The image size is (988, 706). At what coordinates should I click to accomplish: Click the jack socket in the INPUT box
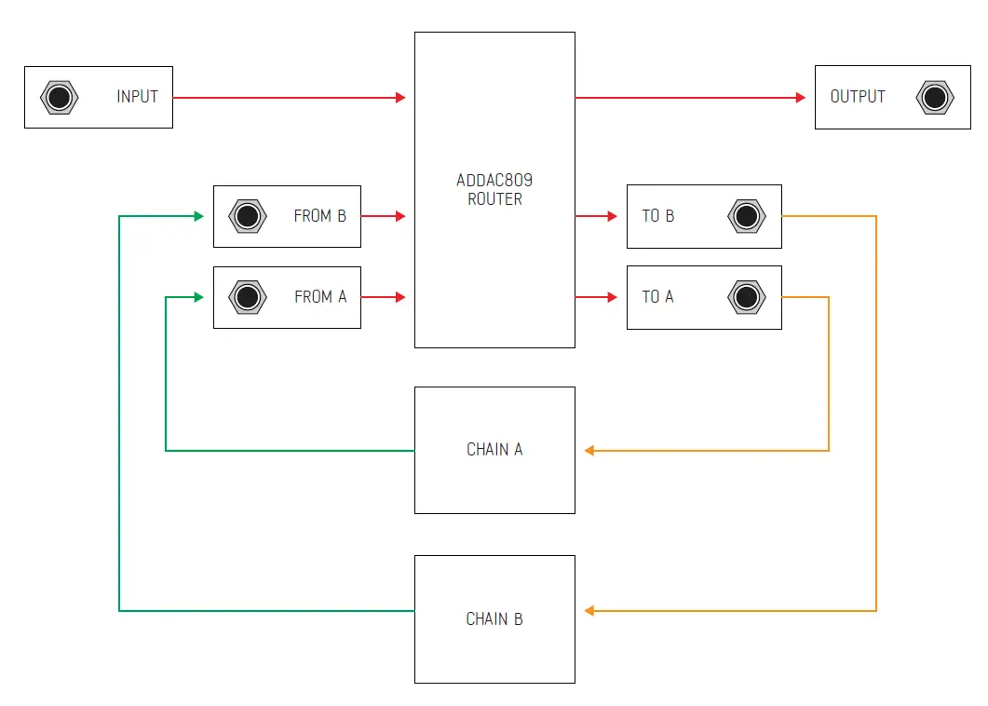click(59, 98)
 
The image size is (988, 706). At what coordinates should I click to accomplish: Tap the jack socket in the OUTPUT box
click(933, 98)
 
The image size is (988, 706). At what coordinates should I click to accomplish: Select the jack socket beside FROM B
click(248, 216)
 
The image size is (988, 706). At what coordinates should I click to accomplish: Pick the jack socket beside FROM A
click(248, 297)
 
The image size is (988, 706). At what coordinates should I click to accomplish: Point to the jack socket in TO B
click(746, 216)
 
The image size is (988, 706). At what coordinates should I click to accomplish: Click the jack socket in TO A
click(746, 297)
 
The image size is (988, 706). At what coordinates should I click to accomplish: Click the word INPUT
click(137, 97)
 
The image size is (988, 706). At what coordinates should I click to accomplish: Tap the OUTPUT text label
click(858, 97)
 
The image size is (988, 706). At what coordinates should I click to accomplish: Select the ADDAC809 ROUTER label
click(494, 190)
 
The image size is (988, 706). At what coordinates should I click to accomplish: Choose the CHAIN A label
click(494, 450)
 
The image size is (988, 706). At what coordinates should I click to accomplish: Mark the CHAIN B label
click(494, 619)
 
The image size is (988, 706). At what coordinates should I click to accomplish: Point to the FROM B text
click(319, 216)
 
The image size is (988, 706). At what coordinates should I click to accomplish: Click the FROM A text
click(319, 297)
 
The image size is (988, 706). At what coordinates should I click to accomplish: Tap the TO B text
click(657, 216)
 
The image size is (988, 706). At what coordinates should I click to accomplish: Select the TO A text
click(657, 297)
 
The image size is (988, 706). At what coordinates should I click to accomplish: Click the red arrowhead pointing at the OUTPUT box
click(800, 98)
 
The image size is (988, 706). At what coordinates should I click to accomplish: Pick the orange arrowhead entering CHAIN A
click(589, 451)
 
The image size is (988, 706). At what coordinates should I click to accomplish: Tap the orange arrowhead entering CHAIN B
click(589, 611)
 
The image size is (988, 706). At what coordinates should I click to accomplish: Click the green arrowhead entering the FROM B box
click(198, 216)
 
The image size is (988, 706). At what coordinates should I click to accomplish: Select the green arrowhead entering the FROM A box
click(198, 297)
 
